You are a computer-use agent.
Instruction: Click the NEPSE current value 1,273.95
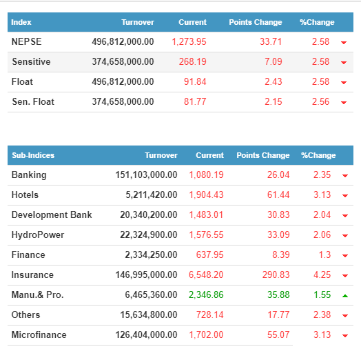[189, 41]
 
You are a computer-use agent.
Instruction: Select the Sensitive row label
[31, 62]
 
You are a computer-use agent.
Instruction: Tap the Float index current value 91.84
[195, 82]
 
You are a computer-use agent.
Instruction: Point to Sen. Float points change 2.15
[274, 102]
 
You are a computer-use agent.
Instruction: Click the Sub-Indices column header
[33, 155]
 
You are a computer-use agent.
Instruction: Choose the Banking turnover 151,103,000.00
[147, 175]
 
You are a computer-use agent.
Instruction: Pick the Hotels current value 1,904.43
[206, 195]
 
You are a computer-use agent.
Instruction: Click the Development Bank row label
[52, 214]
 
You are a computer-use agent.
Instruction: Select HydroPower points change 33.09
[278, 235]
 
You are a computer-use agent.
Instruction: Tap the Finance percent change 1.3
[324, 255]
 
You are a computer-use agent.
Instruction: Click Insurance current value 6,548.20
[206, 275]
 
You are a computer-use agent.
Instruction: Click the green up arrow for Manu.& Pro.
[345, 296]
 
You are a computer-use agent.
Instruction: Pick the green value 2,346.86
[206, 294]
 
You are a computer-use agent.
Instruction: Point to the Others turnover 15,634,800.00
[149, 314]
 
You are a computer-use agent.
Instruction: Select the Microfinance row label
[39, 335]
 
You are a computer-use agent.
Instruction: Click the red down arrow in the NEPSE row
[344, 43]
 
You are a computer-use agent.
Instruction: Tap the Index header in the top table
[21, 22]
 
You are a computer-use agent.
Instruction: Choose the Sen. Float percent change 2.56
[321, 102]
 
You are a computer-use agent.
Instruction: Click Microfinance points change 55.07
[278, 335]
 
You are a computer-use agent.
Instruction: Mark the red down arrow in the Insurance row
[345, 276]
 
